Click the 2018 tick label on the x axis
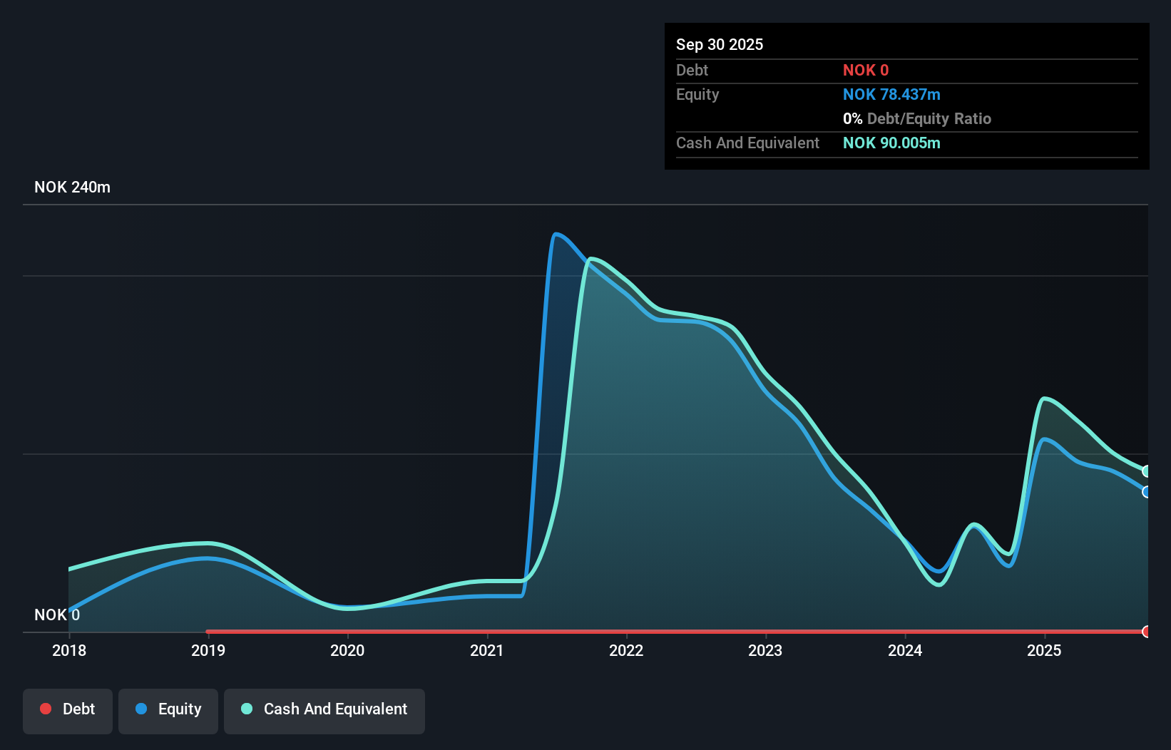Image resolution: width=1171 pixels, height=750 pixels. (x=69, y=650)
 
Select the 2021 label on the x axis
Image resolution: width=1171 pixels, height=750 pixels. (x=487, y=650)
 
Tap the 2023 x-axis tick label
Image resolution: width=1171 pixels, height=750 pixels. (x=765, y=650)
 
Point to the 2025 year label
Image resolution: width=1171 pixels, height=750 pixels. (x=1044, y=650)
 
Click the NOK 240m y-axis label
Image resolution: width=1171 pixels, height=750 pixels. (x=72, y=187)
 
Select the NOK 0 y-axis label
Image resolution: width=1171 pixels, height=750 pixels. (x=57, y=615)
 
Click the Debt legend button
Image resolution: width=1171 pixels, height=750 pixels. (x=68, y=709)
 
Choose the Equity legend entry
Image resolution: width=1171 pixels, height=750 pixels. (x=168, y=709)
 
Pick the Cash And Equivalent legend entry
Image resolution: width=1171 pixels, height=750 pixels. (x=324, y=709)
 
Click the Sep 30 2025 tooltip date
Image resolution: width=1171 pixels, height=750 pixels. (x=719, y=45)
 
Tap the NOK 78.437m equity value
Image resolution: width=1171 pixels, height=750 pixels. (x=891, y=95)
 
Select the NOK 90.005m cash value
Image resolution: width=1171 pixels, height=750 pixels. (x=891, y=143)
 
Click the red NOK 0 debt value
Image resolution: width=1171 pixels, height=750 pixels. (x=865, y=71)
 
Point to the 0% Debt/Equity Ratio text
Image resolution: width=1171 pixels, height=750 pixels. (x=916, y=119)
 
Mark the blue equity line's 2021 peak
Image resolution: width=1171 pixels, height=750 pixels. (x=556, y=234)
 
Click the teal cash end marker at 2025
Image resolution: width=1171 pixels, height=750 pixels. (x=1147, y=471)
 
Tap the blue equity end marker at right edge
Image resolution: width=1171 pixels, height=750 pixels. (x=1147, y=492)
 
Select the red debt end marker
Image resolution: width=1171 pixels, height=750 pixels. (x=1147, y=632)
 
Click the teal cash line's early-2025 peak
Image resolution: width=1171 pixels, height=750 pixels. (x=1044, y=399)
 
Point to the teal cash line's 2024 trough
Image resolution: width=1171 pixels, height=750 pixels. (x=939, y=585)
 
